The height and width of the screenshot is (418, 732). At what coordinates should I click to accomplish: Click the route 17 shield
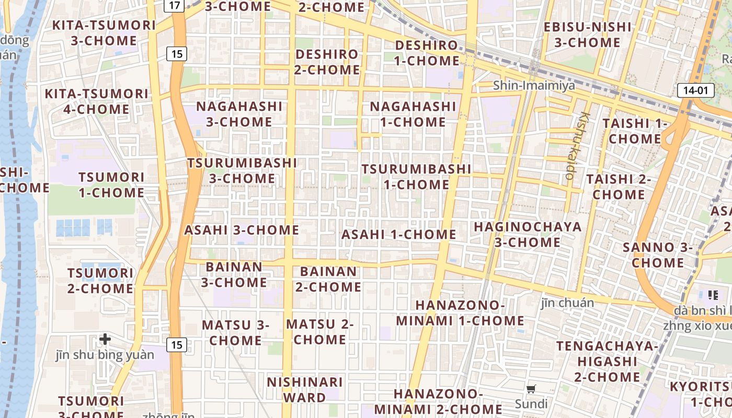174,6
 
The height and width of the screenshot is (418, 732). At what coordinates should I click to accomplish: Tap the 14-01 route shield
695,90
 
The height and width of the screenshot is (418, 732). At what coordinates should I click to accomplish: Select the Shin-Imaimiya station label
534,85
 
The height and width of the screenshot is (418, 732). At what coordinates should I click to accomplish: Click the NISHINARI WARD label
305,389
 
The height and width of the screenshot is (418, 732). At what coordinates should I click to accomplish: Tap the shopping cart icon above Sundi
531,389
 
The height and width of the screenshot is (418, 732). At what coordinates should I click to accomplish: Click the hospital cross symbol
105,339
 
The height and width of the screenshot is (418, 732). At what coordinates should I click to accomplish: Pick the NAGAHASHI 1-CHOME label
413,114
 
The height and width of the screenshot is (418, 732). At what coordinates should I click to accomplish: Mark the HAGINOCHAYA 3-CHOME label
528,234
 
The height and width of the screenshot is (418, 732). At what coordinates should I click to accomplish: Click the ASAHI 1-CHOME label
399,235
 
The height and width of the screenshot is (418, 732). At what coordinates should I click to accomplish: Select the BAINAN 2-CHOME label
328,279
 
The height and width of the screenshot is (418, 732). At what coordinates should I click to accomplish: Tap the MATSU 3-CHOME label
235,332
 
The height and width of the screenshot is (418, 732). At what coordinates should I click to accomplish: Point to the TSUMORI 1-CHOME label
111,184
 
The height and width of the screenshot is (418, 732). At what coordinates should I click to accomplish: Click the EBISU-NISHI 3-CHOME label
587,34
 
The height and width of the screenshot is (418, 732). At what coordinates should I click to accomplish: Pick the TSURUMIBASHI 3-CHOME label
243,170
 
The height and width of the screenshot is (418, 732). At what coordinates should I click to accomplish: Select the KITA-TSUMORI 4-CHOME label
97,101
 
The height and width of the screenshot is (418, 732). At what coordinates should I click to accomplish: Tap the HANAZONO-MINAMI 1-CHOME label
460,312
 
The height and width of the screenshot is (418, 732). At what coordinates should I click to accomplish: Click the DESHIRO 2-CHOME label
327,62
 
